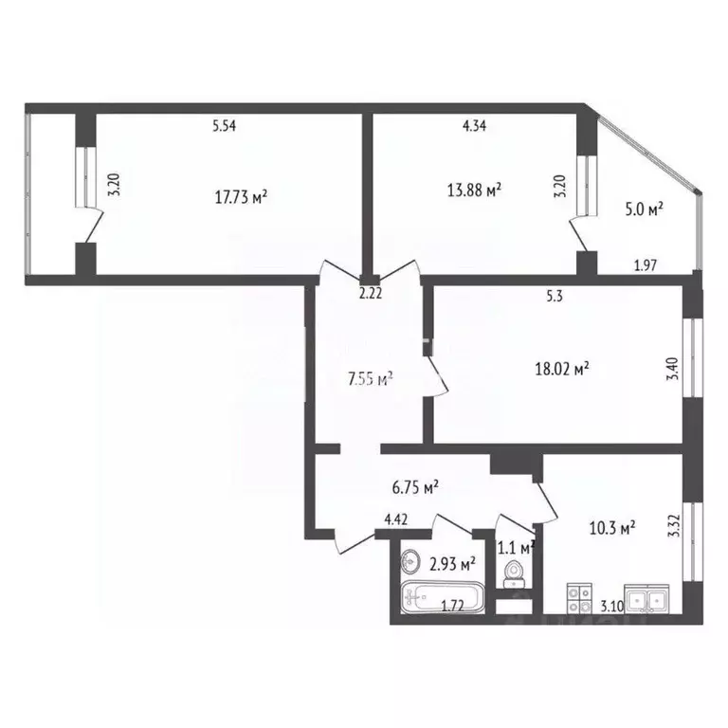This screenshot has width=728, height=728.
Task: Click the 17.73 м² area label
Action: point(241,196)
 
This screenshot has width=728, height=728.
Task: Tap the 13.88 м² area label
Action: point(474,191)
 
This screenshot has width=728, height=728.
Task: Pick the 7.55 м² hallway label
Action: point(371,380)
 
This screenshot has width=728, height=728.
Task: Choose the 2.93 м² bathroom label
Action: point(452,563)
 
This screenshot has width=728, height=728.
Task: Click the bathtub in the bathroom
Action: point(442,599)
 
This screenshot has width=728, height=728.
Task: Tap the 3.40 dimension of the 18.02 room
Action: point(673,365)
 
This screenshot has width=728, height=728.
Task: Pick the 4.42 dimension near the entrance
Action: point(396,519)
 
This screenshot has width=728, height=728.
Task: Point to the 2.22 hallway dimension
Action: point(370,294)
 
